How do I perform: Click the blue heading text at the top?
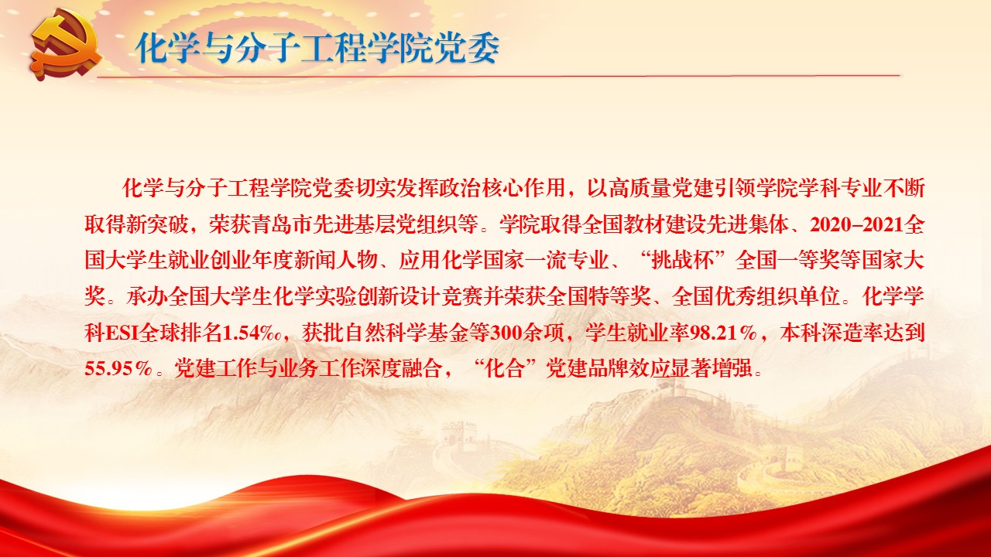(x=317, y=48)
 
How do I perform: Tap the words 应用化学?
(x=441, y=261)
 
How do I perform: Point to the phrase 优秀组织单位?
(x=778, y=296)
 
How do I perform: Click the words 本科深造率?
(x=831, y=333)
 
